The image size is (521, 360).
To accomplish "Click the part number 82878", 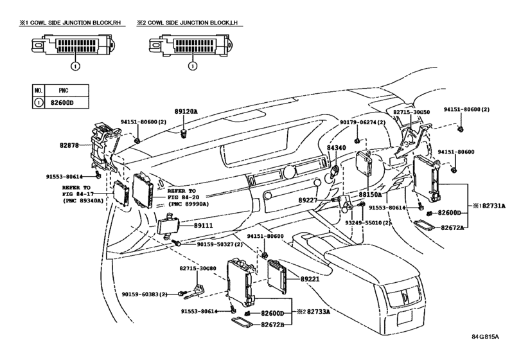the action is point(69,145).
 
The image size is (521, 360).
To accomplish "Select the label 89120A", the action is point(186,112).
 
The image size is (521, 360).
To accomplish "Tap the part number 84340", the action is point(336,148).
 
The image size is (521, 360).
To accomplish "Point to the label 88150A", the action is point(370,194).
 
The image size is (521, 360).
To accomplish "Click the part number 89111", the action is point(204,226).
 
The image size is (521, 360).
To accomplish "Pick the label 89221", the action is point(310,279).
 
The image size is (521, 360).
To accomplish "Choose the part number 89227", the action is point(308,200).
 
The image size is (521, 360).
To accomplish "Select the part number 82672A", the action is point(452,228).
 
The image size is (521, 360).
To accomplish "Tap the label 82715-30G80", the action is point(198,268).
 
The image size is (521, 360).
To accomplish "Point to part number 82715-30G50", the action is point(411,113).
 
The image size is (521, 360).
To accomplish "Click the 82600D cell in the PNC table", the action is point(62,103).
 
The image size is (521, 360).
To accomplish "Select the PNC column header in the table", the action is point(64,91).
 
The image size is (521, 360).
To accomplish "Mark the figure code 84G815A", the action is point(486,336).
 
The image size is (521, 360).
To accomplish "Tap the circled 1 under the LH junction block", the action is point(193,66).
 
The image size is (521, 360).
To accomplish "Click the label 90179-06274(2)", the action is point(363,122).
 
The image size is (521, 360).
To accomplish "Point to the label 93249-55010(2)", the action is point(368,222).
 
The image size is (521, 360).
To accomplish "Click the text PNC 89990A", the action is point(189,204).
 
